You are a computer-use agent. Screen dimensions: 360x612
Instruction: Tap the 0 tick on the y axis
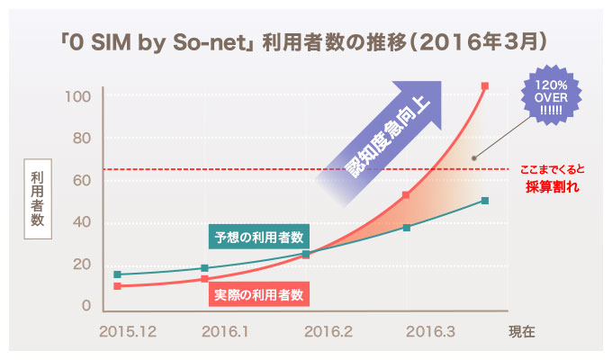(85, 306)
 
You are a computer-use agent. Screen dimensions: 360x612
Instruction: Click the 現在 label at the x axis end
(521, 331)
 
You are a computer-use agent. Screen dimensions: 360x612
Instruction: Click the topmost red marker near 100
(485, 86)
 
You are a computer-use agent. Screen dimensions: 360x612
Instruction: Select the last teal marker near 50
(485, 200)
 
